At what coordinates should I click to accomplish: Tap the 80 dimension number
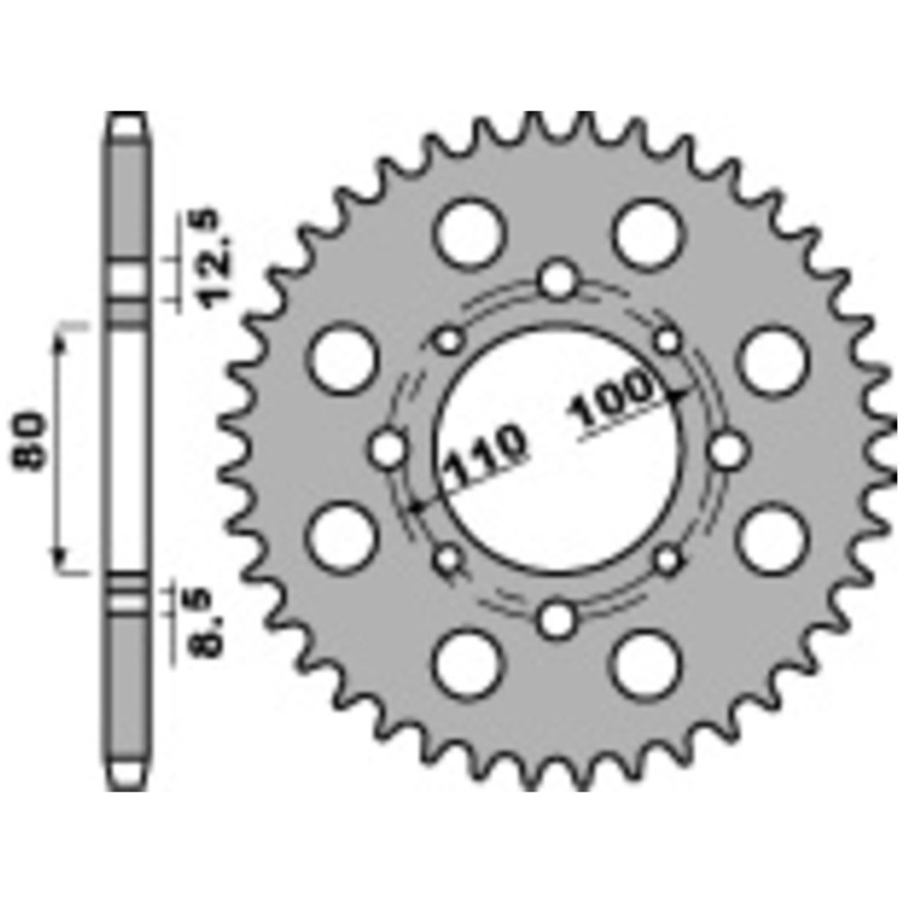coord(28,441)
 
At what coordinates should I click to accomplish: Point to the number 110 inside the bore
coord(487,457)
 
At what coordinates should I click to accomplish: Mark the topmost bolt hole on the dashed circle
coord(558,280)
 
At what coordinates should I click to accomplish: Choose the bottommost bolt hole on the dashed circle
coord(556,619)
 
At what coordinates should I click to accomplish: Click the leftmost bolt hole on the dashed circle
coord(388,449)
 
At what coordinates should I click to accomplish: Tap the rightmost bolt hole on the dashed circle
coord(727,451)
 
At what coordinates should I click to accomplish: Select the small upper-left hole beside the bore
coord(449,339)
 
